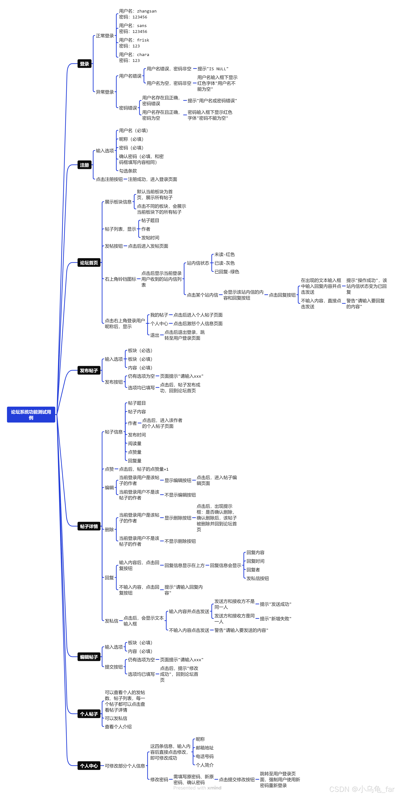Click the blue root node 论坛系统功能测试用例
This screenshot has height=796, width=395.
tap(31, 414)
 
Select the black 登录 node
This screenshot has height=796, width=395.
tap(84, 64)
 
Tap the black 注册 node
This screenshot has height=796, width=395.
tap(84, 165)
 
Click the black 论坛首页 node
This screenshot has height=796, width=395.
tap(89, 263)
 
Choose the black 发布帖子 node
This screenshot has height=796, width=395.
tap(89, 370)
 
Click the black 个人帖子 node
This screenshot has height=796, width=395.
tap(89, 714)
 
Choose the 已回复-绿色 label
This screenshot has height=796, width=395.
tap(227, 272)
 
